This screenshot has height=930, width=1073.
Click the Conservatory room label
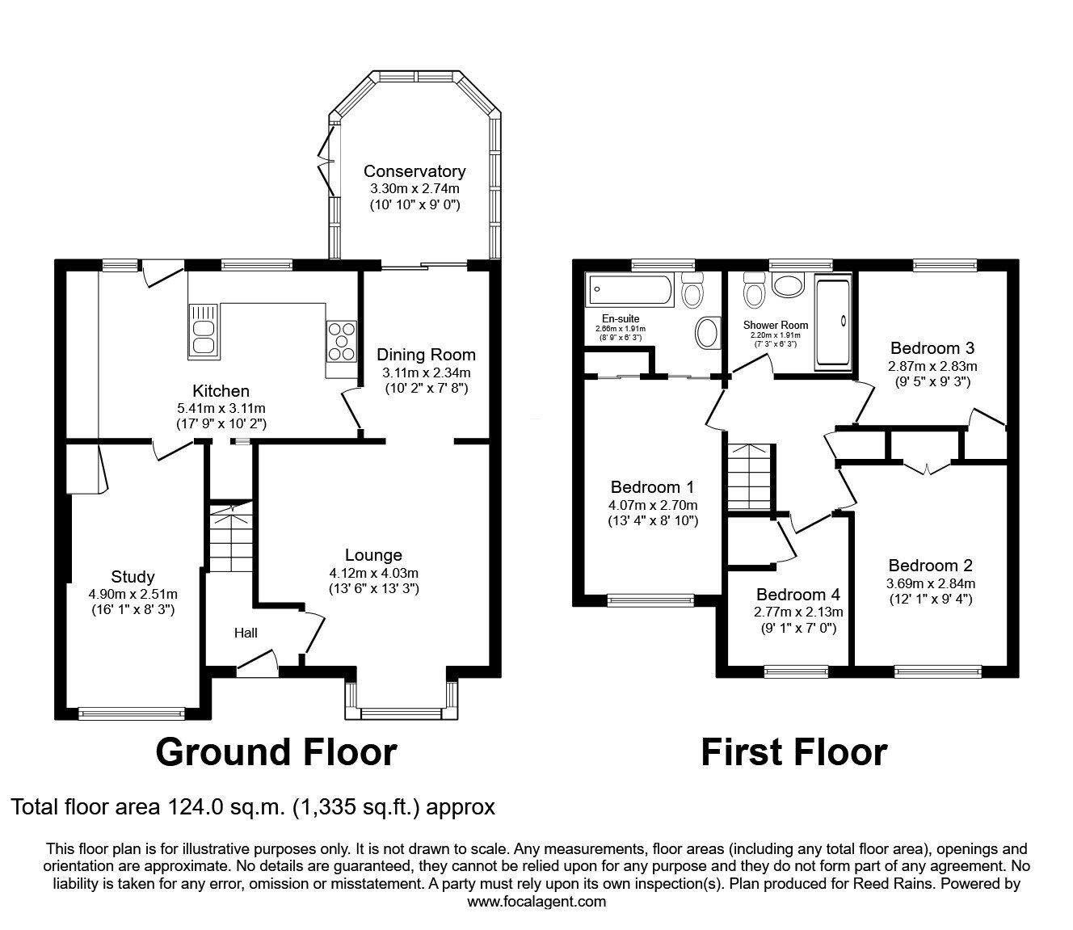tap(414, 170)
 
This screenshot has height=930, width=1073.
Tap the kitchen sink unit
tap(204, 331)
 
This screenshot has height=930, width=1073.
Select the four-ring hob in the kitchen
tap(342, 341)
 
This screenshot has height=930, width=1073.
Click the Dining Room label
tap(426, 355)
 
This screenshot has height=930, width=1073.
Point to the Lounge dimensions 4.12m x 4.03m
tap(374, 573)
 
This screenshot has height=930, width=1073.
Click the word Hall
tap(246, 633)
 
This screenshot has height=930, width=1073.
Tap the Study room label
tap(133, 576)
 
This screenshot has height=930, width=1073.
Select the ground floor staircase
tap(231, 537)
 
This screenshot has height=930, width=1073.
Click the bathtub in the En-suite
tap(629, 290)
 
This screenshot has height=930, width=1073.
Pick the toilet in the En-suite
tap(692, 290)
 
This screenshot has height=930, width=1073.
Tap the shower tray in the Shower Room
tap(833, 322)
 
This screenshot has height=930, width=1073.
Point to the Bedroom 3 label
tap(932, 348)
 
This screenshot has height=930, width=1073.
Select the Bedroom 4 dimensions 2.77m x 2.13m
tap(798, 612)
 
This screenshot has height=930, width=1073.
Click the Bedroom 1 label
tap(652, 487)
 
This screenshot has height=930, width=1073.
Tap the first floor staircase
tap(747, 477)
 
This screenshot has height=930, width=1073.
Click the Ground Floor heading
tap(276, 753)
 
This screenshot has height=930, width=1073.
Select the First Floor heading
tap(794, 753)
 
